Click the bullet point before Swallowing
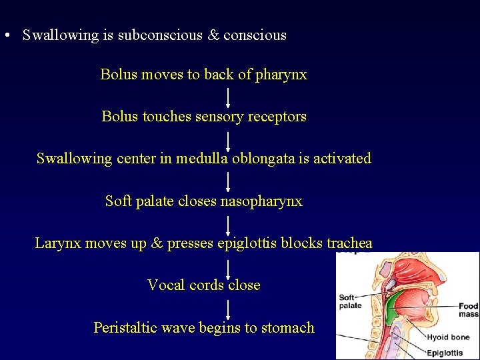[6, 36]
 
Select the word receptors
[277, 117]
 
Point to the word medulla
[203, 159]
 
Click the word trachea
[349, 243]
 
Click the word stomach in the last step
[287, 327]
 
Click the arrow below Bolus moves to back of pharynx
[228, 96]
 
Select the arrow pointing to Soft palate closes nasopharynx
[228, 181]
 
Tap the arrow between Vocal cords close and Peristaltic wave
[228, 307]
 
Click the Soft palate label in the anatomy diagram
[350, 301]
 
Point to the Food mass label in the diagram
[468, 310]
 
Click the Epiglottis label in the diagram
[450, 353]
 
